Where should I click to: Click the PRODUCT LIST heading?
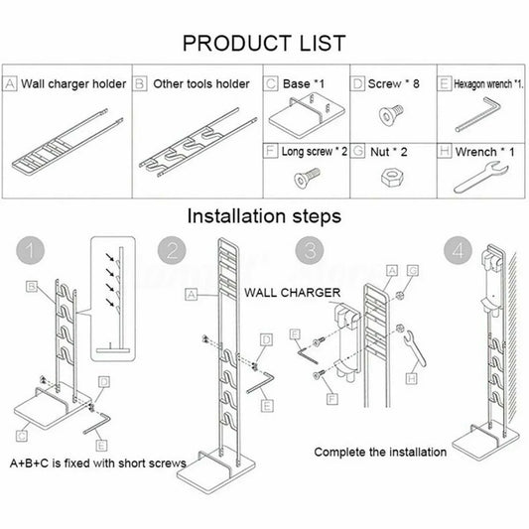point(263,43)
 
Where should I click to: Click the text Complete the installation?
point(379,452)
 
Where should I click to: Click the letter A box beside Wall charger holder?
point(11,84)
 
